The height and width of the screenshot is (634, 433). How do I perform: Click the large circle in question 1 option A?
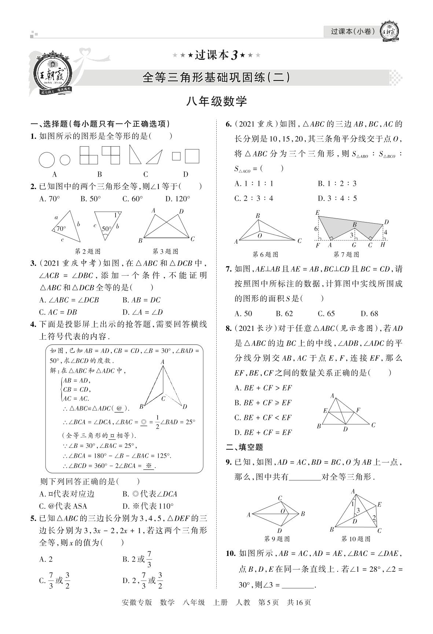[x=47, y=160]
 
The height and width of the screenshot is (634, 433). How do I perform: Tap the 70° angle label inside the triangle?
[x=61, y=229]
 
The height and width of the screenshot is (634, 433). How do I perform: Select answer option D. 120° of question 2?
[x=177, y=199]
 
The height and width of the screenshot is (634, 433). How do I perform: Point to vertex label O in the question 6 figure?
[x=260, y=236]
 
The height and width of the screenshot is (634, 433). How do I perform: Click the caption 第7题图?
[x=346, y=254]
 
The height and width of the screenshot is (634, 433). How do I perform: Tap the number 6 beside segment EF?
[x=316, y=229]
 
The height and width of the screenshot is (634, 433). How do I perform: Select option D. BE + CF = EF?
[x=263, y=432]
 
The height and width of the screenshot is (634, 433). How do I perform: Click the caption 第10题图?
[x=355, y=539]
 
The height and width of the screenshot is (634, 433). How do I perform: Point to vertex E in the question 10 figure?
[x=379, y=505]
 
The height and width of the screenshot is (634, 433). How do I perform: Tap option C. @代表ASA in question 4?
[x=63, y=506]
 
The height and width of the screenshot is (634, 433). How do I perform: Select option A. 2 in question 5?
[x=46, y=559]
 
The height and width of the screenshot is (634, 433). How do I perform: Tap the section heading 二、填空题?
[x=245, y=447]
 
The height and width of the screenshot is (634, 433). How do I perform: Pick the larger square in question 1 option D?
[x=192, y=156]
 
